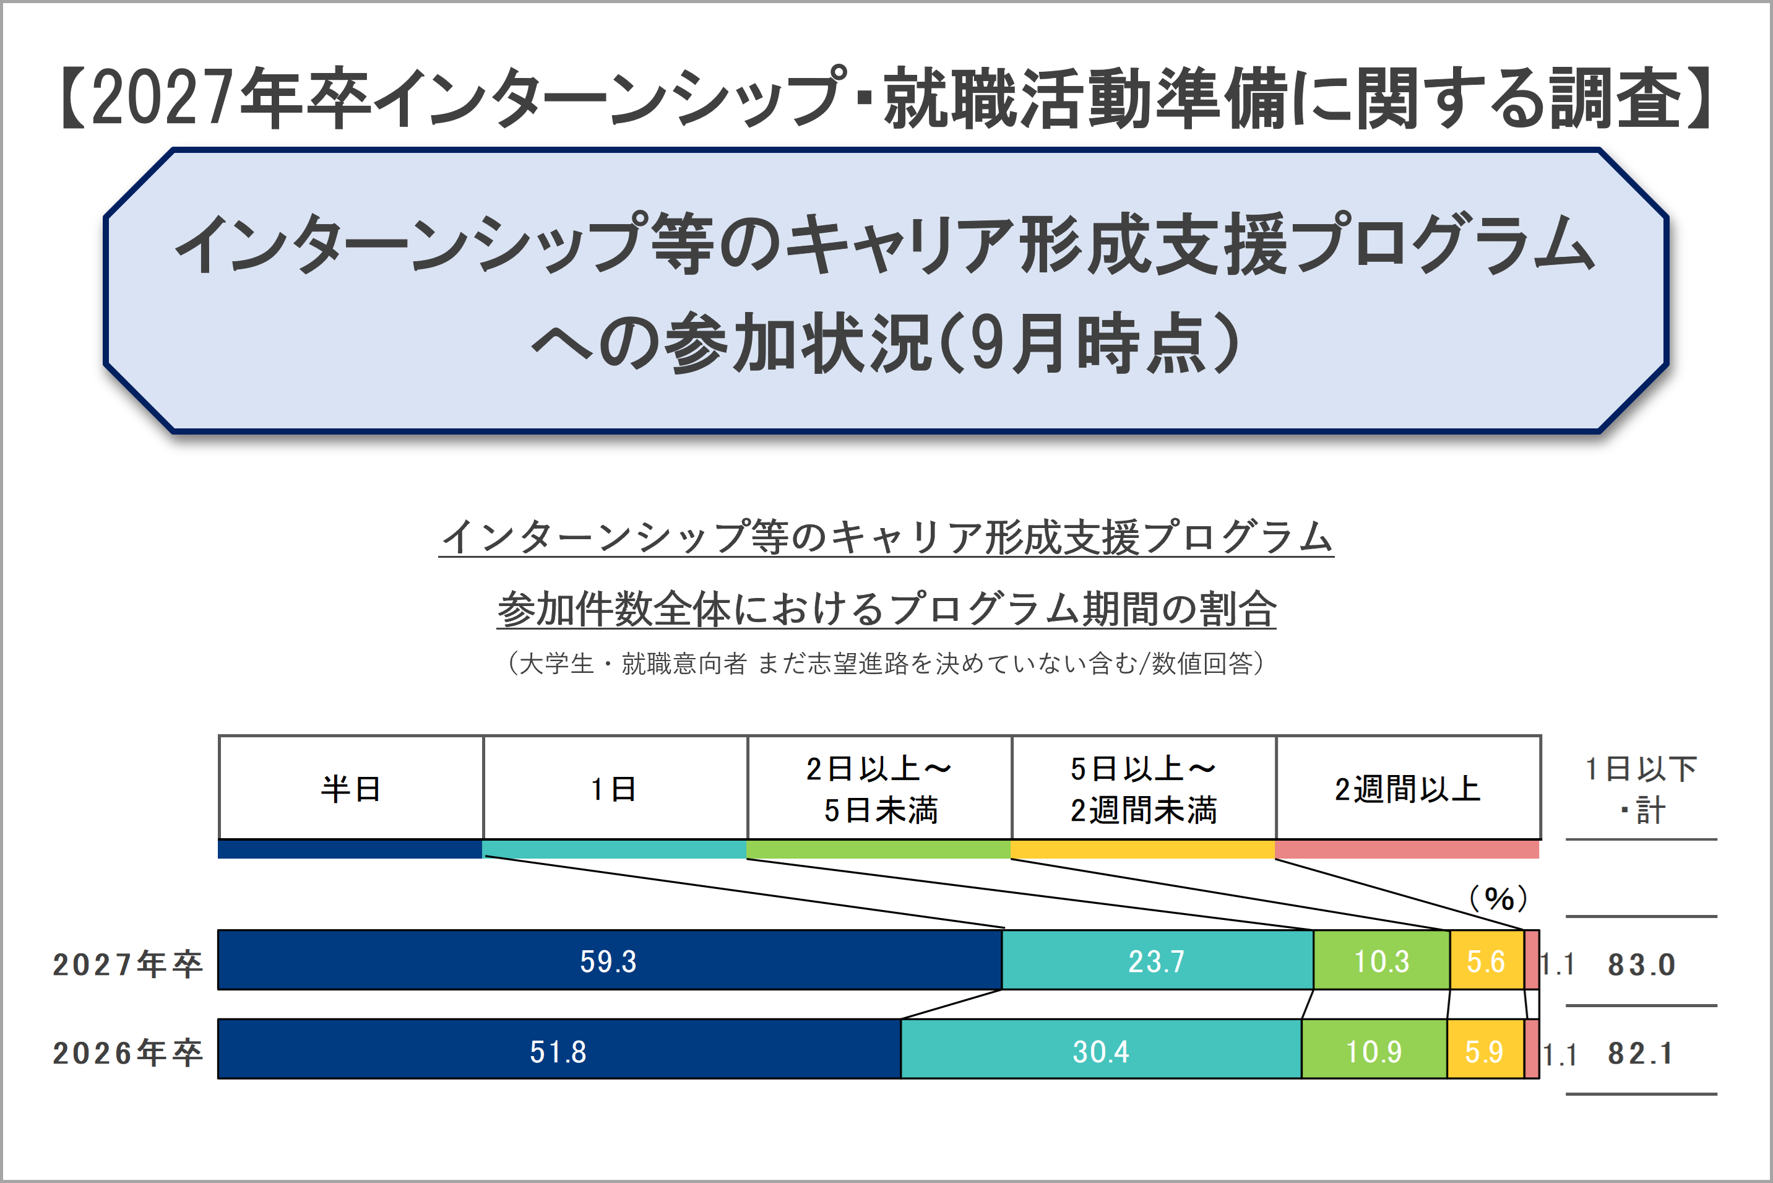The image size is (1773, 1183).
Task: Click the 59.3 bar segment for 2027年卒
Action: click(610, 960)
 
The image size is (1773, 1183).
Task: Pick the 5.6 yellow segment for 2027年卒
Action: click(1486, 960)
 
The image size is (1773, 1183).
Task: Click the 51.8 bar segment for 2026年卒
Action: click(558, 1049)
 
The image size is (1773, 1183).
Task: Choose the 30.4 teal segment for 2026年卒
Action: click(1100, 1049)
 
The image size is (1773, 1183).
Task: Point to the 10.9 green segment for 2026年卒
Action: click(1373, 1049)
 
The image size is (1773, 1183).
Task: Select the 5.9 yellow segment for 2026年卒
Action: click(1484, 1049)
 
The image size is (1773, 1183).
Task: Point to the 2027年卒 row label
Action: click(128, 963)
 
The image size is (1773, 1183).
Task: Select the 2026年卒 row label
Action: click(128, 1052)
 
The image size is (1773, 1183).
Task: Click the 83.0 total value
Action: click(1641, 963)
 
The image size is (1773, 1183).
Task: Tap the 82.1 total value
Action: click(1641, 1052)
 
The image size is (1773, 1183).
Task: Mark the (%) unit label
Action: click(1498, 898)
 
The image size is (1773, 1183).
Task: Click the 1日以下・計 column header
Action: click(1641, 789)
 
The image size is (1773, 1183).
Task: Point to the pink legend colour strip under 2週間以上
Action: click(1407, 849)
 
